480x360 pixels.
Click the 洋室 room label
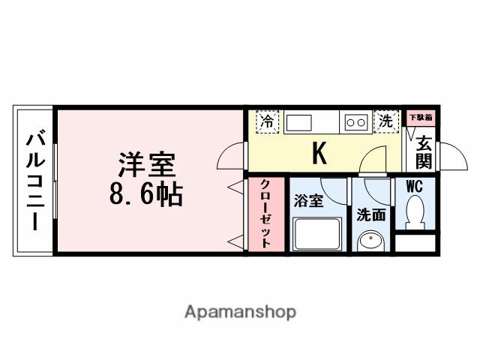point(147,163)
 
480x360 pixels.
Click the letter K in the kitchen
point(319,154)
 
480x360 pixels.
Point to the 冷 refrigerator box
point(266,121)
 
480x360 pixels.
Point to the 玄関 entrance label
point(423,151)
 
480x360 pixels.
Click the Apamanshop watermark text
point(240,311)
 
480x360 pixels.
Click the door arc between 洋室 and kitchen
point(231,156)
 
